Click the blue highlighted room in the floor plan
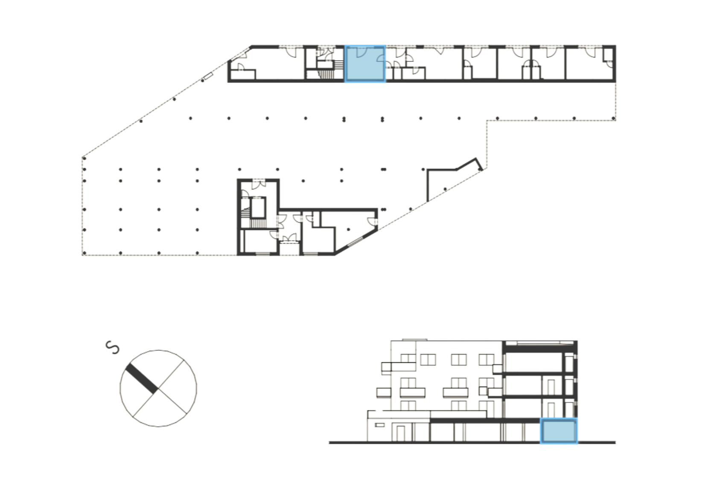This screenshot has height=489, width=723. (365, 64)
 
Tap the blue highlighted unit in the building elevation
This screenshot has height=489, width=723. (559, 431)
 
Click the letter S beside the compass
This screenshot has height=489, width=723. (113, 347)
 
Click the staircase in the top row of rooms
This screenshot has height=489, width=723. (327, 74)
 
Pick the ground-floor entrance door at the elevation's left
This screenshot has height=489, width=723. (400, 432)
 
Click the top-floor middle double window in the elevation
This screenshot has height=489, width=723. (458, 360)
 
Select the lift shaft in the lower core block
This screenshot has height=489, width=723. (258, 207)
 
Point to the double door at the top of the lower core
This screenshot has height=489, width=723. (258, 185)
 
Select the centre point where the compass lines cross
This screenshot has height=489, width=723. (158, 388)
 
